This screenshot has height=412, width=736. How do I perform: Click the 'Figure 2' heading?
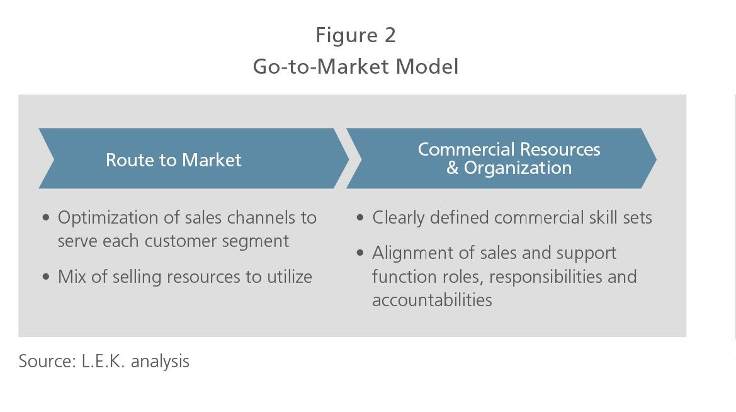pyautogui.click(x=356, y=36)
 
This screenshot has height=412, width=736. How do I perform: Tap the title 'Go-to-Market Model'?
pyautogui.click(x=355, y=66)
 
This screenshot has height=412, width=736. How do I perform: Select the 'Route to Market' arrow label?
pyautogui.click(x=173, y=160)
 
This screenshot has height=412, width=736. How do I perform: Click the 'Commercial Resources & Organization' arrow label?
pyautogui.click(x=509, y=159)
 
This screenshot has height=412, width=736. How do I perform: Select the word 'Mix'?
pyautogui.click(x=72, y=277)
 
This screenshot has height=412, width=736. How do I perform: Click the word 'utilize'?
pyautogui.click(x=290, y=277)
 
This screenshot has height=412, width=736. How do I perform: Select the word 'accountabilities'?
pyautogui.click(x=432, y=300)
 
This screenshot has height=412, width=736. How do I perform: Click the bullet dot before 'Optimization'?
pyautogui.click(x=45, y=217)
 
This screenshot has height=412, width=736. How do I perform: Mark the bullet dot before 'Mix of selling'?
pyautogui.click(x=45, y=277)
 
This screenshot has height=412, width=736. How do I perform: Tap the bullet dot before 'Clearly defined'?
pyautogui.click(x=360, y=217)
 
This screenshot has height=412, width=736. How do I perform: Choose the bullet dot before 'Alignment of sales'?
pyautogui.click(x=360, y=253)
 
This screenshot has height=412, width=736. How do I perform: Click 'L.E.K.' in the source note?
pyautogui.click(x=103, y=361)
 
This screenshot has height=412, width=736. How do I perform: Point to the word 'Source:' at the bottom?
pyautogui.click(x=47, y=361)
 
